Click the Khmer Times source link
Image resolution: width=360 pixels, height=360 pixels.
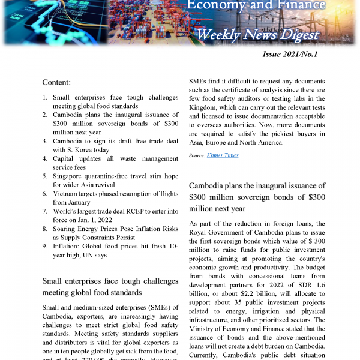(223, 155)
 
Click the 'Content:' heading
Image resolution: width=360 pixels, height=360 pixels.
(56, 82)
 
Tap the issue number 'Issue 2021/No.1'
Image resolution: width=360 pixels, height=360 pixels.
(290, 55)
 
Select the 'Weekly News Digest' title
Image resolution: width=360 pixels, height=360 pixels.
(258, 34)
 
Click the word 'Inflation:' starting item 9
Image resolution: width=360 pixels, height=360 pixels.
(70, 246)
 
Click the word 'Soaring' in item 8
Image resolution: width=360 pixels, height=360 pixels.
(67, 229)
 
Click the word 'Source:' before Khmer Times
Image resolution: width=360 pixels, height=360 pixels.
(197, 155)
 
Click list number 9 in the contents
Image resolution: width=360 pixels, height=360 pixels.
(45, 246)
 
